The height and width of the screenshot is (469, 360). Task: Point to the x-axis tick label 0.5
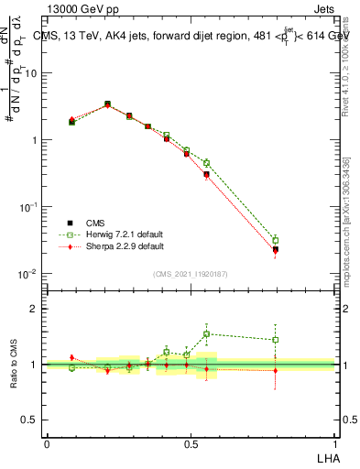[x=191, y=443]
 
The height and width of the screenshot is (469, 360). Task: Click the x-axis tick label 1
[x=334, y=443]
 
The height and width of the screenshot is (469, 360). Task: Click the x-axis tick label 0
[x=47, y=443]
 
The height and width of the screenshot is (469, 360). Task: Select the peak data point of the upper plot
[x=107, y=104]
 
